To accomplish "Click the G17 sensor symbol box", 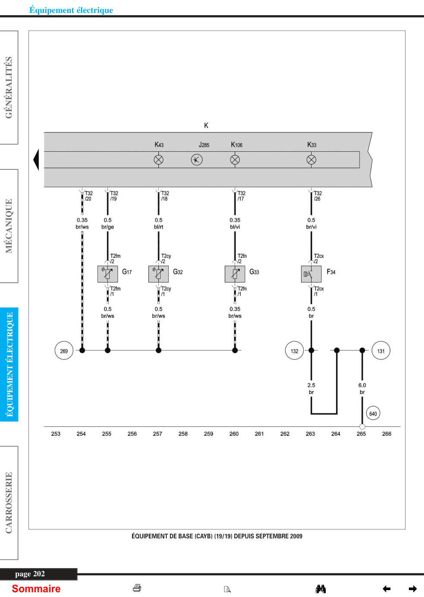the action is (x=108, y=274).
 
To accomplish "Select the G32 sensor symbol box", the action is (x=158, y=274).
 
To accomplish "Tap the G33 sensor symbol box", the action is (x=235, y=274).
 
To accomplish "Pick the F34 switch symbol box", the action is (x=311, y=274).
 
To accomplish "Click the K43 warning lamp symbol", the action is (x=159, y=160).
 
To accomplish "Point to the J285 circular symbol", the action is (x=197, y=160).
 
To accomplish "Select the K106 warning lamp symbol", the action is (x=235, y=160).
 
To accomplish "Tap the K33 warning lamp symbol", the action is (x=311, y=160).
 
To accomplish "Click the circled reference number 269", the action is (x=64, y=350).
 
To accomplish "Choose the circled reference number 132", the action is (x=295, y=350).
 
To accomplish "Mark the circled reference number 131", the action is (x=381, y=350).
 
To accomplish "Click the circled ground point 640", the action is (x=373, y=413).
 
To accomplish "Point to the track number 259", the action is (x=208, y=434).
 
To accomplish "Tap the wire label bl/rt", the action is (x=158, y=227).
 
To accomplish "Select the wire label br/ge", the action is (x=108, y=227).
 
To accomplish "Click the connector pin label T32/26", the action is (x=317, y=196).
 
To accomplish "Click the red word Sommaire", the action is (x=36, y=589).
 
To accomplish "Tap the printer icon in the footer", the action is (x=137, y=588).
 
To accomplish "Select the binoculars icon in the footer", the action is (x=320, y=589).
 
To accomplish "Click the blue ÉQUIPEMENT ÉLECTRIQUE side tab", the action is (x=9, y=364).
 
